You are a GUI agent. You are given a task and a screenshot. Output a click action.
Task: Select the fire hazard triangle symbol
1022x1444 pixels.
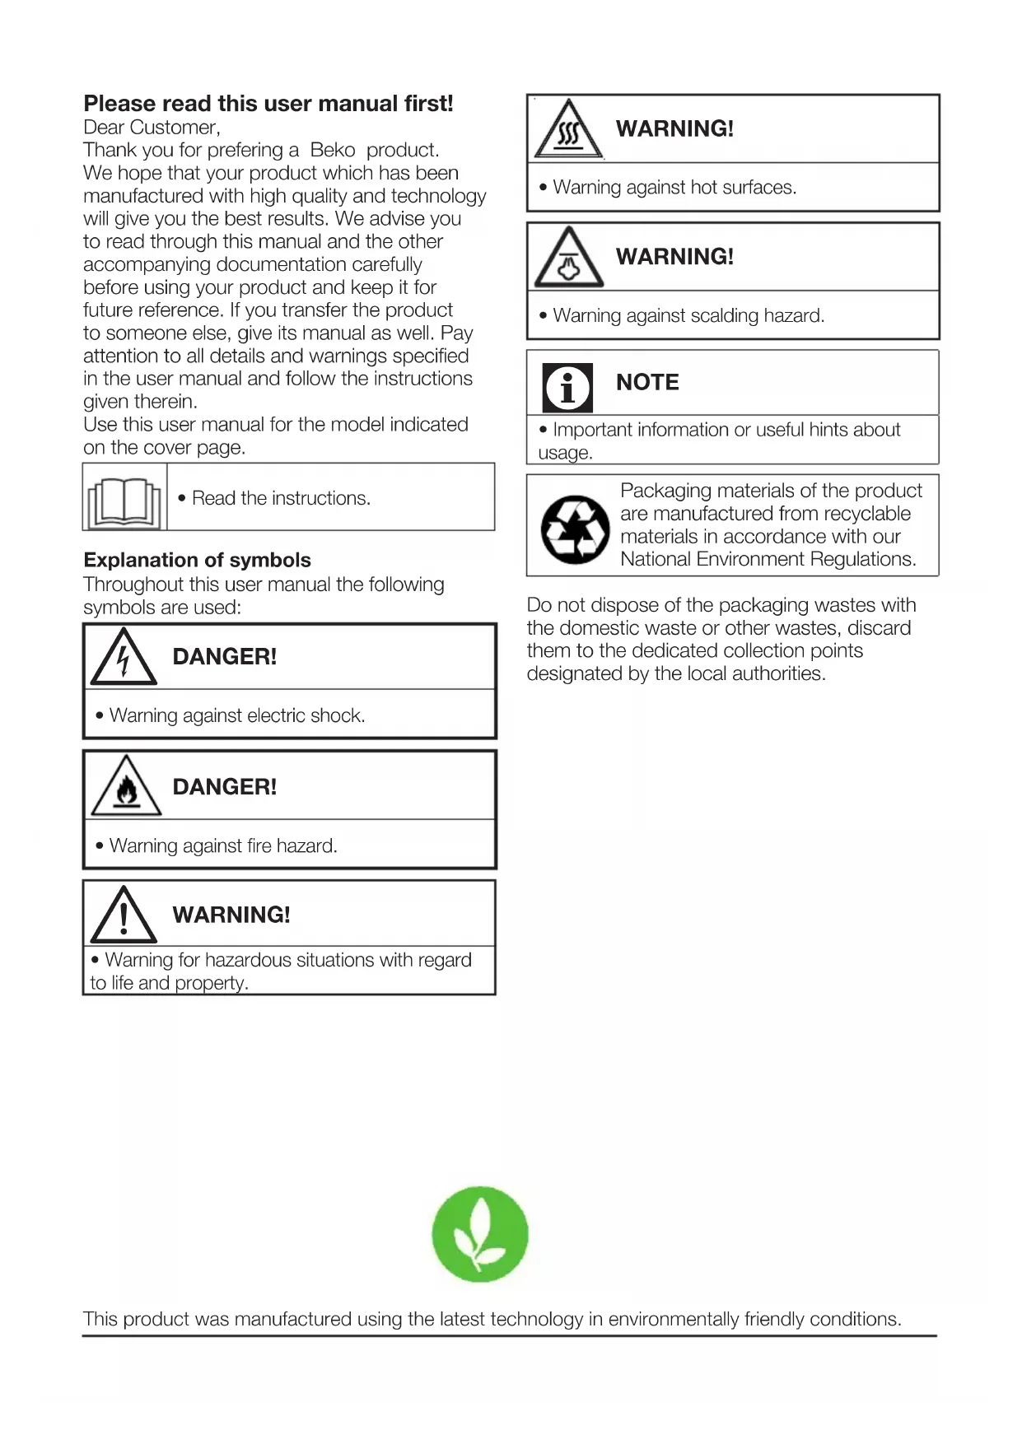pos(126,788)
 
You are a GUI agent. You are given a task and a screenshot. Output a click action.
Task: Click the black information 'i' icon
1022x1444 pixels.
pos(567,387)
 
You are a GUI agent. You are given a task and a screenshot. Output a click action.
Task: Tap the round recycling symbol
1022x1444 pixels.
pos(575,529)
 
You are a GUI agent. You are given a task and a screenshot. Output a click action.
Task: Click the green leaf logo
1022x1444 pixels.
pos(480,1234)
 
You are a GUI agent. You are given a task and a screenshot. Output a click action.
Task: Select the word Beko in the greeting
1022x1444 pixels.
pos(333,150)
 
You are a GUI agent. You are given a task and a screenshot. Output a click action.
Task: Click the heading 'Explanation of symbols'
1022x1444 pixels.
pos(197,560)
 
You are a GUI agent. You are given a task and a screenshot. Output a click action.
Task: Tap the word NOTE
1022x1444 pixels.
pos(647,382)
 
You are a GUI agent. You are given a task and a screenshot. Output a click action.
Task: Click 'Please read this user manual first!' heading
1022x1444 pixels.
pos(268,104)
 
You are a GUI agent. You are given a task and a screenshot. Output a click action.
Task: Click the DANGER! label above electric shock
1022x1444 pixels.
pos(225,656)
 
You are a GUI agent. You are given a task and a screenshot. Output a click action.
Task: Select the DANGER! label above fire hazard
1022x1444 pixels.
pos(225,786)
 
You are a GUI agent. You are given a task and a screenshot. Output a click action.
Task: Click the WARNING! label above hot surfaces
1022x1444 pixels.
pos(674,128)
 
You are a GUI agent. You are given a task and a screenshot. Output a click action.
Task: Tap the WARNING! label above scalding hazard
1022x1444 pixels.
pos(674,256)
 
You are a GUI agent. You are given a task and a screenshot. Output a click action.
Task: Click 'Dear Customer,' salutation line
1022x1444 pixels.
pos(152,128)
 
